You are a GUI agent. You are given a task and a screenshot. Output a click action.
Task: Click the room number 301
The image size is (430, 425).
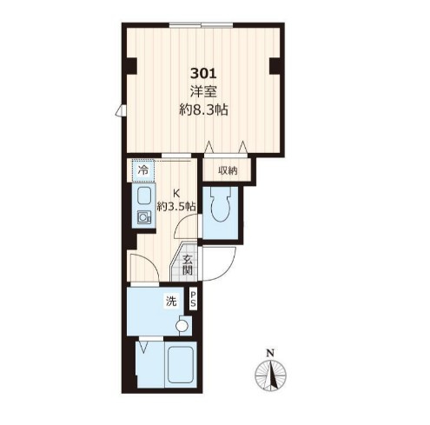(x=203, y=74)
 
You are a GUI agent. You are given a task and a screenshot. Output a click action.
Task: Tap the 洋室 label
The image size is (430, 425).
(x=203, y=92)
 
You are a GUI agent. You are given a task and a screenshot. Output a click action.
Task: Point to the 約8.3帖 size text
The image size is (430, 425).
(x=203, y=110)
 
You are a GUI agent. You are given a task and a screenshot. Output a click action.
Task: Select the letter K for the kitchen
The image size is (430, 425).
(x=176, y=193)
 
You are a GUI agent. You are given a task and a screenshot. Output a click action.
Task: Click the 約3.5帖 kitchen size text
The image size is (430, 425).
(x=176, y=207)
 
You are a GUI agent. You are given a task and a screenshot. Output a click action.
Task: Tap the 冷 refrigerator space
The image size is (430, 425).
(x=143, y=170)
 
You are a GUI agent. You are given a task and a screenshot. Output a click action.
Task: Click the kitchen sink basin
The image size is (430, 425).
(x=143, y=196)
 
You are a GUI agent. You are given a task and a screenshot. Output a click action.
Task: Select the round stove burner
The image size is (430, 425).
(x=142, y=217)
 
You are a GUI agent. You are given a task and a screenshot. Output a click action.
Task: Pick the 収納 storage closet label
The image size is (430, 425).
(x=228, y=171)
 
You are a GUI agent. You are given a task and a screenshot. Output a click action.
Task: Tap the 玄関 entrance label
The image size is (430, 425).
(x=188, y=265)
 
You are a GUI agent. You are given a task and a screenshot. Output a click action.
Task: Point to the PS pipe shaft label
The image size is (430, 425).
(x=193, y=299)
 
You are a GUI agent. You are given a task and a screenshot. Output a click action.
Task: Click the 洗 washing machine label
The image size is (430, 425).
(x=171, y=302)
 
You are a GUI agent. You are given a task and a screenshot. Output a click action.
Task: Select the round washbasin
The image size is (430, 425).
(x=182, y=326)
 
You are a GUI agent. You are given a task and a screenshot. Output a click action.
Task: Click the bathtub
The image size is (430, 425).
(x=181, y=363)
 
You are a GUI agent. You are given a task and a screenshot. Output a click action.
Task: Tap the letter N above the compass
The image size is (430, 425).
(x=270, y=353)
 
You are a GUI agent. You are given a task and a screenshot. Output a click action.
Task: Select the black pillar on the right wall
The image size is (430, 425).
(x=275, y=66)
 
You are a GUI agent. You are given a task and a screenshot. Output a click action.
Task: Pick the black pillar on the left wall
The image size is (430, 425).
(x=131, y=66)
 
